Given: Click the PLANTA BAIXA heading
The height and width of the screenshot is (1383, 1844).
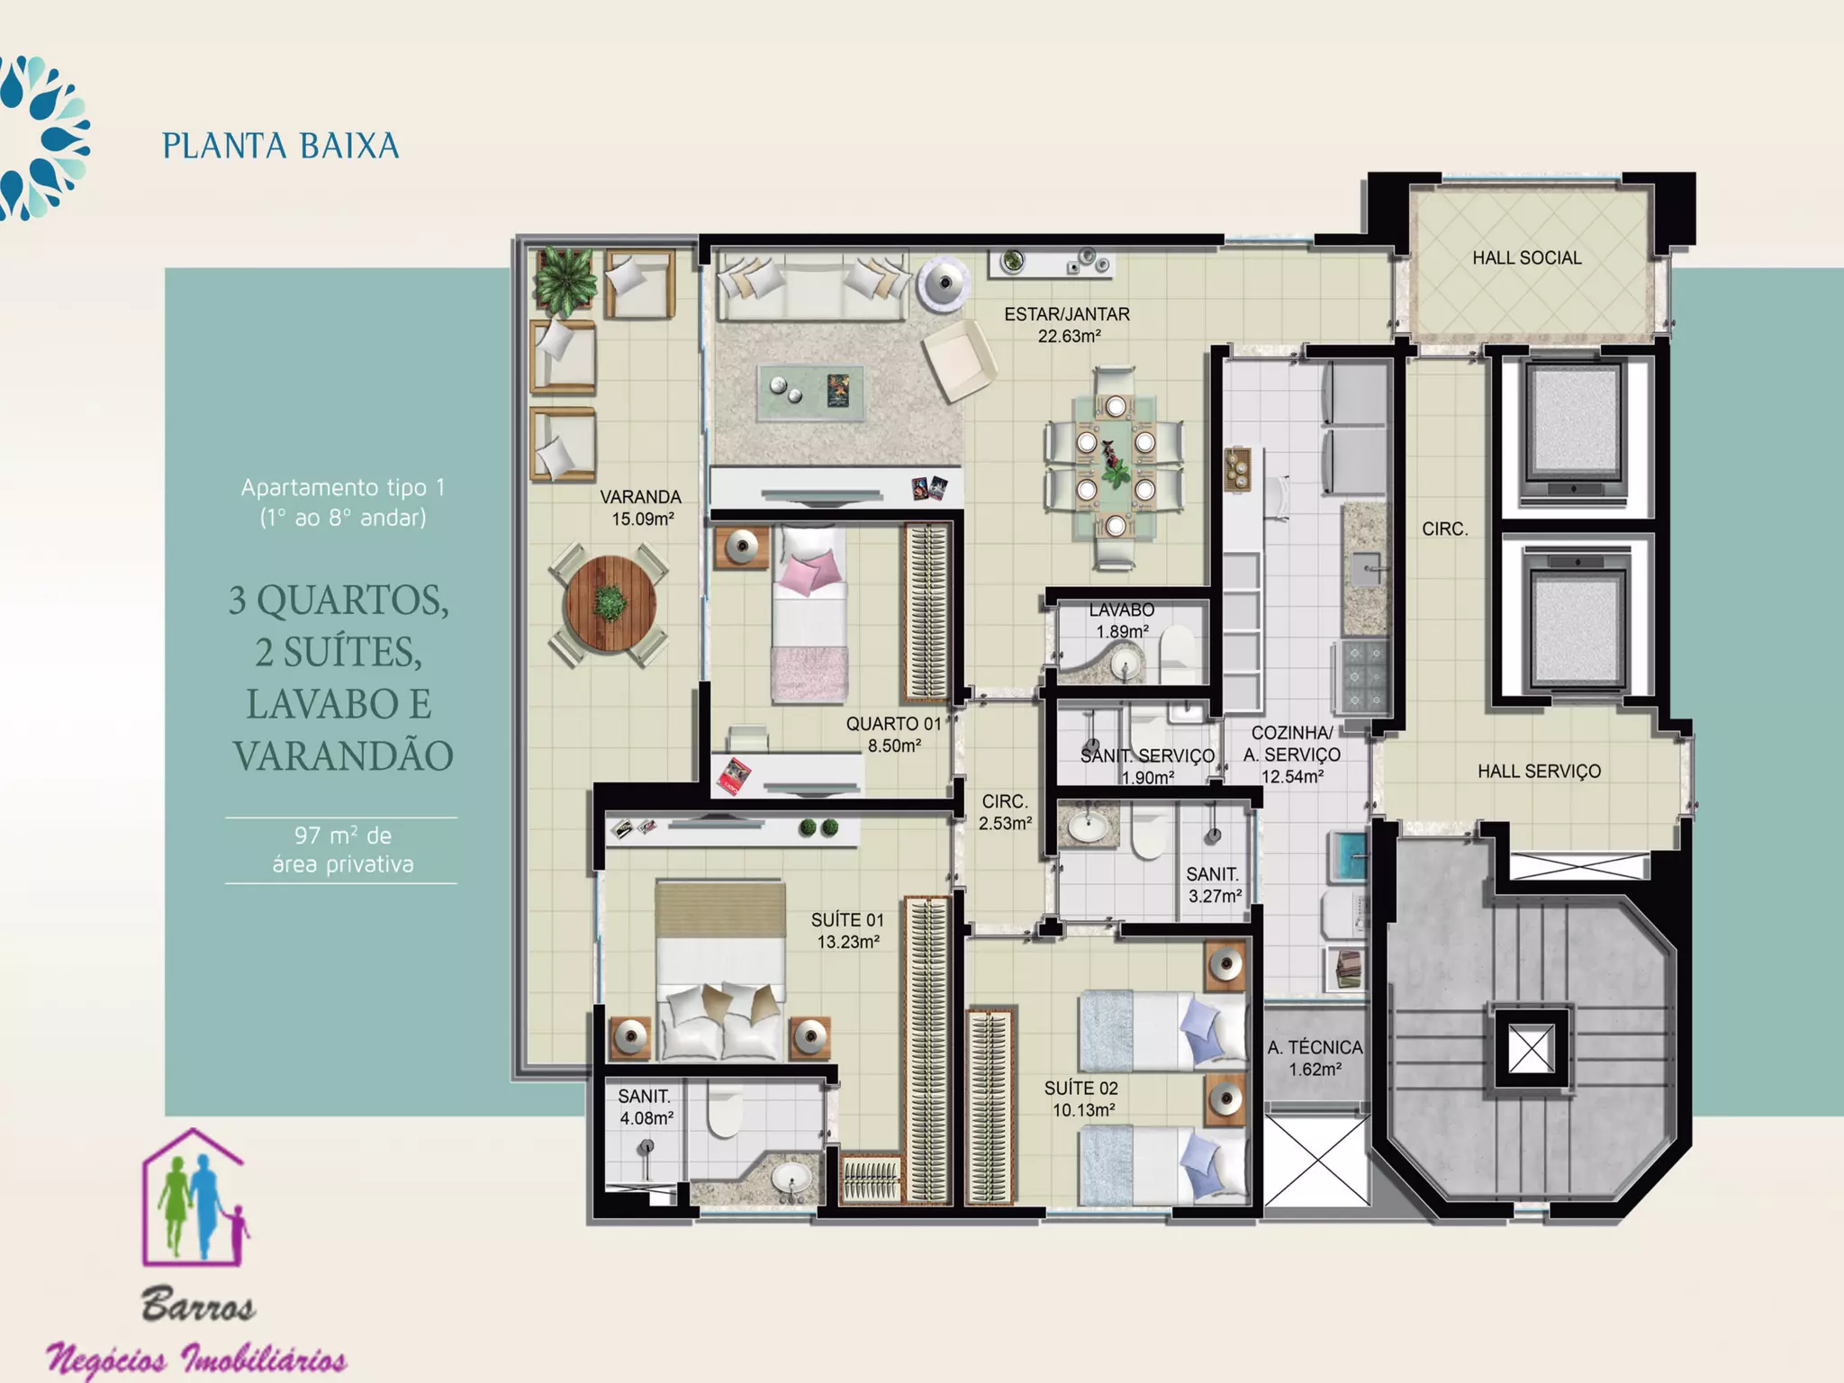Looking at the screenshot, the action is tap(280, 146).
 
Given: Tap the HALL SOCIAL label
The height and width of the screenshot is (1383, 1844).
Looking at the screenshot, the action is tap(1526, 258).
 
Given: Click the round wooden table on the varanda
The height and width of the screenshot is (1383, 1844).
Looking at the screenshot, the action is tap(609, 604).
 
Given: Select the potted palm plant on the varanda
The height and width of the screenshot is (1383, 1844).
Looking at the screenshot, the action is tap(565, 281).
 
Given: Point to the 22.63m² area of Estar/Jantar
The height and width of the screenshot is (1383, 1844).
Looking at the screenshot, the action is tap(1069, 336).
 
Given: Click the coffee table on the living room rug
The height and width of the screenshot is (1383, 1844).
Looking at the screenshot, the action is tap(811, 393).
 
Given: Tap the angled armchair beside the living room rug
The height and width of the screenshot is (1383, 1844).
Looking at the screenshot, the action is tap(959, 359).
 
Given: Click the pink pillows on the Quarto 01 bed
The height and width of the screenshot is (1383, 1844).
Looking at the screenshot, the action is tap(810, 573).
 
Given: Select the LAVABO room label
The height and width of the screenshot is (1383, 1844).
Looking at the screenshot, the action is tap(1121, 610).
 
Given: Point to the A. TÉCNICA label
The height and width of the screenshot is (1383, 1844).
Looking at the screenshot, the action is tap(1315, 1047).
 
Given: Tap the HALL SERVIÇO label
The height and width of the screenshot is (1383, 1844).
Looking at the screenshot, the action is tap(1539, 771).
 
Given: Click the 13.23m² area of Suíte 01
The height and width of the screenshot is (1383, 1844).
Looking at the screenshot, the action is tap(848, 942).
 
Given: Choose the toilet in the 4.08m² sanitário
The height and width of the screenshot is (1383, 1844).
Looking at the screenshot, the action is tap(724, 1110).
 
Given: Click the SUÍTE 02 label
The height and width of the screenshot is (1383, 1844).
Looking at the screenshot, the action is tap(1080, 1088).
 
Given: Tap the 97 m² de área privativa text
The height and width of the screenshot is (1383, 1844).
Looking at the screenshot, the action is tap(342, 849).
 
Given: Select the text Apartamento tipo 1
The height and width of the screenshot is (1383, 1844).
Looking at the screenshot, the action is tap(342, 487).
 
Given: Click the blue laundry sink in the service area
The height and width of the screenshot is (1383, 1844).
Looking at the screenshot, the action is tap(1348, 855).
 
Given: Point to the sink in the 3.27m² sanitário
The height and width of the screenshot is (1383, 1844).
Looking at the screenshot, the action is tap(1089, 825).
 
